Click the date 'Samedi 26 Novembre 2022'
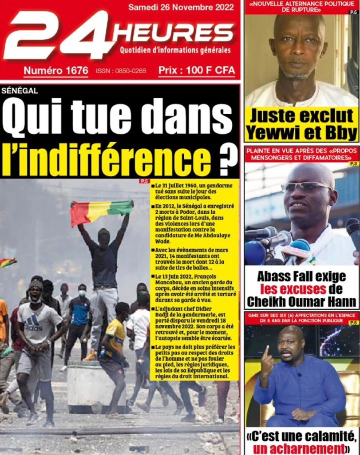pos(182,7)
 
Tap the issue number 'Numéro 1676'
pos(55,70)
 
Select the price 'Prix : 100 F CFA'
pos(197,70)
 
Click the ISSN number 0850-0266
pos(121,71)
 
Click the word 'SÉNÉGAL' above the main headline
pos(20,91)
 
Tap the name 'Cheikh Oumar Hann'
pos(301,302)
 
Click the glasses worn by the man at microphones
pos(306,187)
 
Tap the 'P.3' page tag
pos(353,164)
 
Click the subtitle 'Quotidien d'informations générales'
pos(175,50)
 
